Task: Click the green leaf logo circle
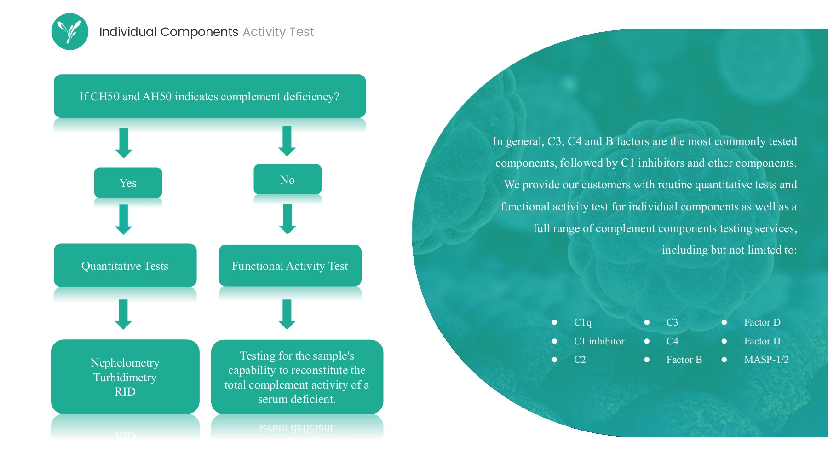[x=69, y=31]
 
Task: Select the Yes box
[x=128, y=183]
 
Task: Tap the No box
[x=287, y=180]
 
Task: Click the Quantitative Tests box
[x=125, y=266]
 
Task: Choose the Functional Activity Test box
[x=290, y=266]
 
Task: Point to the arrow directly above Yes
[x=123, y=143]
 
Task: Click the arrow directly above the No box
[x=287, y=141]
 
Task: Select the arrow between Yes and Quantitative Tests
[x=123, y=219]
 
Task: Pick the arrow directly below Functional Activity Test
[x=287, y=314]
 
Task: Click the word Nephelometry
[x=125, y=363]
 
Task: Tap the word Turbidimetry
[x=125, y=378]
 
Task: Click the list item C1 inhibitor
[x=599, y=341]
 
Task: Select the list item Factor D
[x=762, y=322]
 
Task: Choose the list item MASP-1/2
[x=766, y=360]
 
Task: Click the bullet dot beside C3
[x=647, y=322]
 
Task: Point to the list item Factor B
[x=684, y=360]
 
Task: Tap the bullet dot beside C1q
[x=554, y=322]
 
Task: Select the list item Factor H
[x=762, y=341]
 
